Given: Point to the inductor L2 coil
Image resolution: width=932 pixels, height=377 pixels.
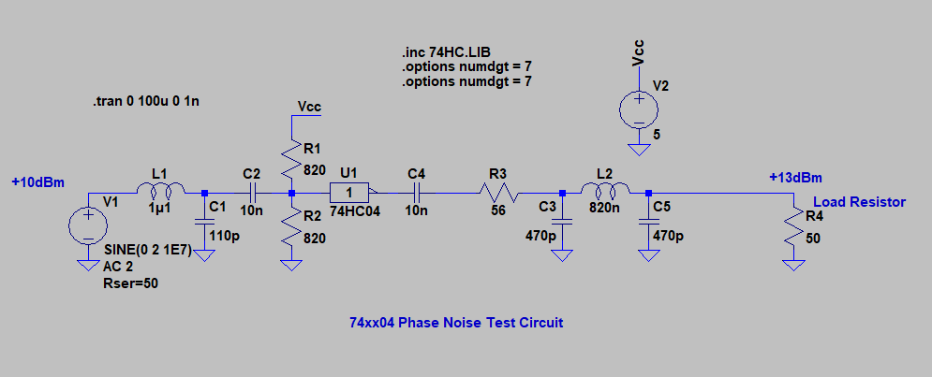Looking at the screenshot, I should tap(604, 192).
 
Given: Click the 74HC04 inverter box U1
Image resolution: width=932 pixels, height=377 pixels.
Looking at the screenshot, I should tap(349, 193).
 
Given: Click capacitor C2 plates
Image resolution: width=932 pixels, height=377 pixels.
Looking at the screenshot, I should tap(251, 193).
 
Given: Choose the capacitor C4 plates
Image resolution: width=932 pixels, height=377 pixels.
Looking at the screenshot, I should tap(417, 193).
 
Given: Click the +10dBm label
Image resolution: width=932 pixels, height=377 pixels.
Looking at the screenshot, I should tap(38, 181).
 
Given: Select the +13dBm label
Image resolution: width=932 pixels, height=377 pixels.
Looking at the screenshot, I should tap(795, 178).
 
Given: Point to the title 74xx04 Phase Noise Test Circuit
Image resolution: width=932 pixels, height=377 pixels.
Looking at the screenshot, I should tap(456, 323).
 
